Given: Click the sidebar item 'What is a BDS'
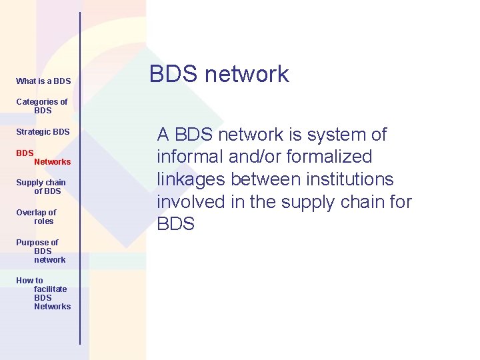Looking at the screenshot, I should (43, 81).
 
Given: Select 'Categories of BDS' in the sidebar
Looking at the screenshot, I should (42, 106).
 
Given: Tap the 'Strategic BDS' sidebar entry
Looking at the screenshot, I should (43, 132).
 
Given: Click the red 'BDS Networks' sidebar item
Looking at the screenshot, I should (43, 157).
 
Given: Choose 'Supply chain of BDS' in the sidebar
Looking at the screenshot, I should (41, 187).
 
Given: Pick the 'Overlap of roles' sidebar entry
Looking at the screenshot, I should (37, 217).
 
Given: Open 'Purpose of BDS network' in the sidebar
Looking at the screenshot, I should (41, 251).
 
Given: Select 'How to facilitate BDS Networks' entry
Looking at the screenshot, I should (43, 293).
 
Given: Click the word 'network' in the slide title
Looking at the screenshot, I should (247, 74).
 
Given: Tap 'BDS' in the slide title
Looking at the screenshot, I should (175, 74).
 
